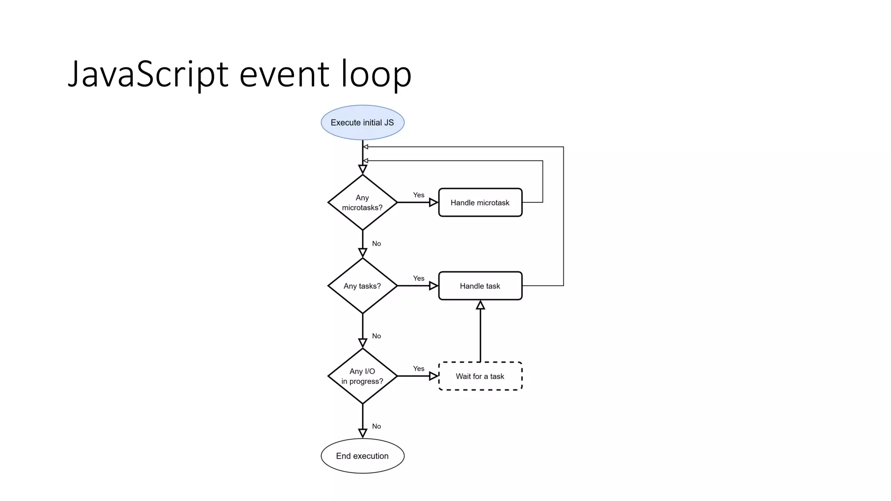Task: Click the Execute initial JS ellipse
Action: [362, 123]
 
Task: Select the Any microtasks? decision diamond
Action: [362, 202]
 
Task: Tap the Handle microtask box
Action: [480, 202]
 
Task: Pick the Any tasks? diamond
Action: [362, 286]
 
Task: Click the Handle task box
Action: [480, 286]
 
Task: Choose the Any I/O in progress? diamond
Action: [362, 376]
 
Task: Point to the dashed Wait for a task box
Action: [480, 376]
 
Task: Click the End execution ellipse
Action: [362, 456]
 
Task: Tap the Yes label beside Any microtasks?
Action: [419, 195]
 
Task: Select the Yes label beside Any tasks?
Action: [419, 278]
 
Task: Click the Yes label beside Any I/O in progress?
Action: [419, 369]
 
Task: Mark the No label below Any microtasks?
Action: [376, 244]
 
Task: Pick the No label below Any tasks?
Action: [376, 336]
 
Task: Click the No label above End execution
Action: [376, 426]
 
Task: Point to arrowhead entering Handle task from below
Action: [480, 305]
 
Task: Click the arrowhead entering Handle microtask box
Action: [433, 202]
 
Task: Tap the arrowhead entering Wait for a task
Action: [433, 376]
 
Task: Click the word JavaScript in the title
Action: [148, 74]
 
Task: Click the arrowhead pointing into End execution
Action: [362, 433]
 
